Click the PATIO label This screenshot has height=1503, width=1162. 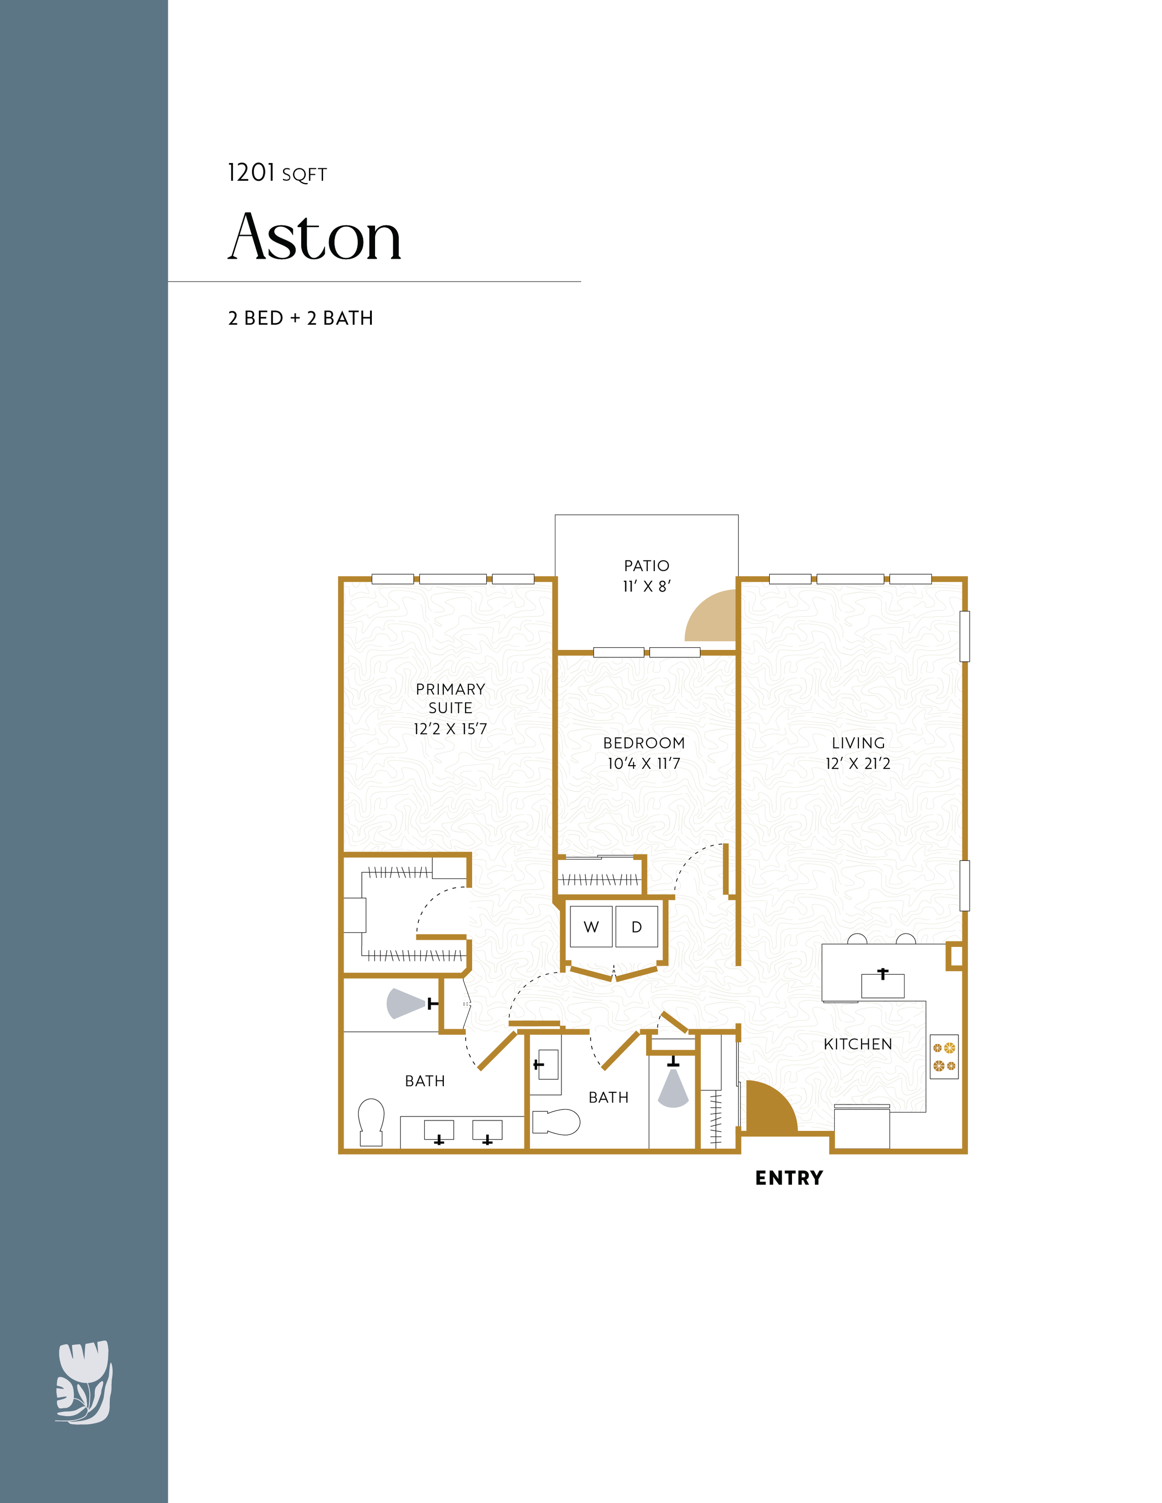point(647,566)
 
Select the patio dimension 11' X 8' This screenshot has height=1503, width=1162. point(647,586)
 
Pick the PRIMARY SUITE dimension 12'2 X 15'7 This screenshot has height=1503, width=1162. point(450,729)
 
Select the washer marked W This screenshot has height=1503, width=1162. point(591,926)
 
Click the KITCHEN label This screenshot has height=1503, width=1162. point(858,1044)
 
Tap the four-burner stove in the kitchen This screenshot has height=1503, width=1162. point(944,1057)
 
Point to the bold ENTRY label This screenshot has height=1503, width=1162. point(789,1178)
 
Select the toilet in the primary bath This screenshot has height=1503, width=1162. point(371,1122)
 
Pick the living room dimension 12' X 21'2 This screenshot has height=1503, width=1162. point(858,764)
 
